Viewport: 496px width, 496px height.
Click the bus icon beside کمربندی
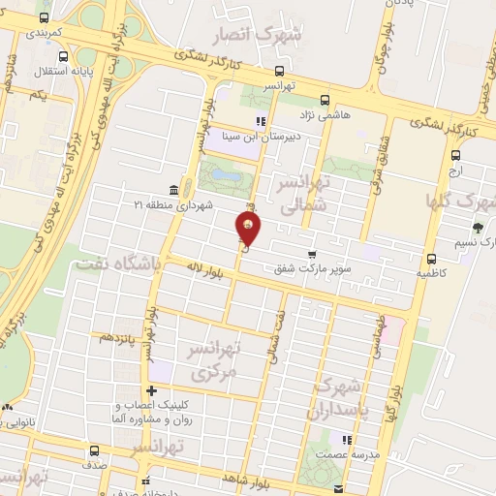45,18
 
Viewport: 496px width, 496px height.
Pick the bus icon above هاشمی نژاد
324,99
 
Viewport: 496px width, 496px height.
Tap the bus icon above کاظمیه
432,259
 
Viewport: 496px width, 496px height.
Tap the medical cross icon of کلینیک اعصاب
150,390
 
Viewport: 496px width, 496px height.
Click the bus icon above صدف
95,450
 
